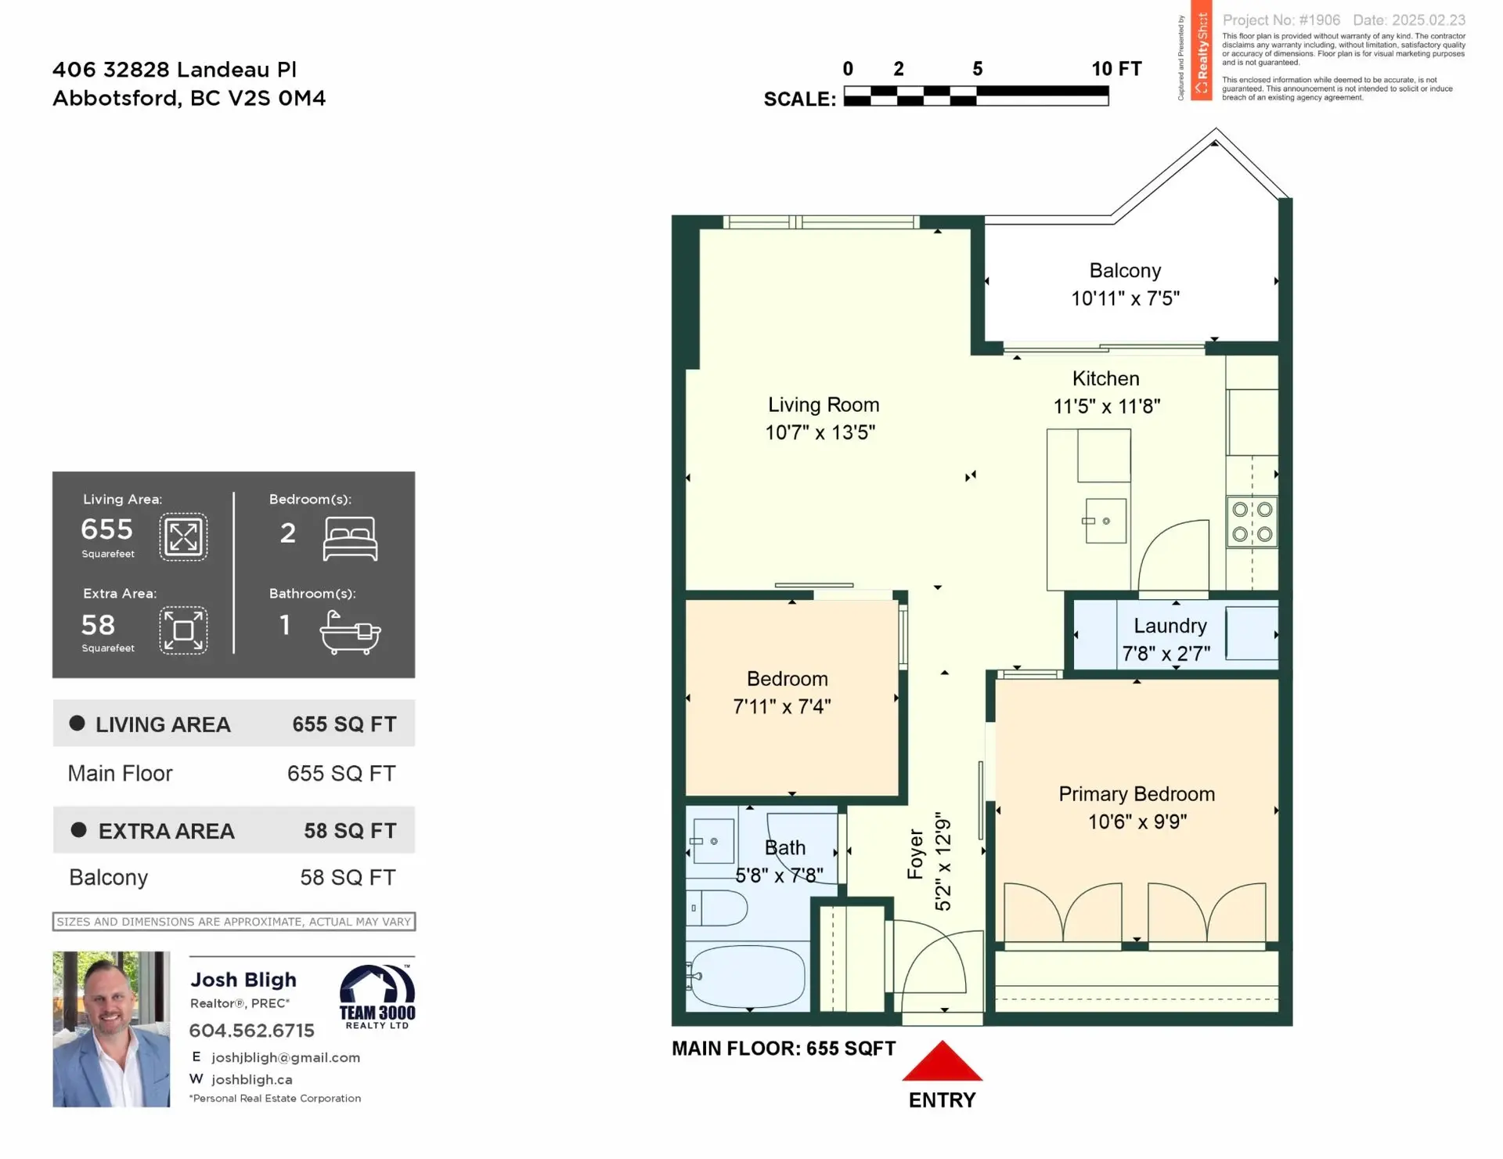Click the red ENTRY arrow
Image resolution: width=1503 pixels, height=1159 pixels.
click(942, 1063)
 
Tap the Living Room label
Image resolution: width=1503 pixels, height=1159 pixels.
click(823, 405)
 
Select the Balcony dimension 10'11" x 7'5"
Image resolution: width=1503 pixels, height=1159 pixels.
click(1125, 298)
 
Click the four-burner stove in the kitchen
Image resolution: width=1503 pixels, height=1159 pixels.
click(1252, 522)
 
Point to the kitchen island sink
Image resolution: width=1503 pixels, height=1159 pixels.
click(1105, 521)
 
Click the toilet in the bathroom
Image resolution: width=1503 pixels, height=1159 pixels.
click(716, 908)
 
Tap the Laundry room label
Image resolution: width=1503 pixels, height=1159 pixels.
click(1170, 626)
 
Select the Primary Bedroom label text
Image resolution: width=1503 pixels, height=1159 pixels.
click(1136, 794)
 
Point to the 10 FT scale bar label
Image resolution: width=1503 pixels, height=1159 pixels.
click(1116, 69)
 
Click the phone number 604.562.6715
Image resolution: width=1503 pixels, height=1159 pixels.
click(251, 1031)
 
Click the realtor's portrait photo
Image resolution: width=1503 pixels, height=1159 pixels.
click(111, 1028)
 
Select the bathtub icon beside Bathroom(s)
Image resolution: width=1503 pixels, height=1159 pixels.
click(350, 632)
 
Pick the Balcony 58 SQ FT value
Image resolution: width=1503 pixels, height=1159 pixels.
click(348, 877)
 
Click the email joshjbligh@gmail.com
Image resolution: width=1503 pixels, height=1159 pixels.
click(285, 1057)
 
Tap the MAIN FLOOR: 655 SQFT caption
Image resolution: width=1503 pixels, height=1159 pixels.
click(783, 1049)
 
